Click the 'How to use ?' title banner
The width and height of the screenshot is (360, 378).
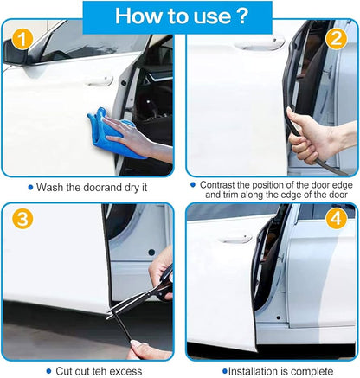pos(180,16)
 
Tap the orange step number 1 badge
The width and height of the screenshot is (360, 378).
pos(22,39)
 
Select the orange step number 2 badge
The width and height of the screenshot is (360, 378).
pos(337,39)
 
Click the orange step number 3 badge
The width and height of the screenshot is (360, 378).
pos(22,219)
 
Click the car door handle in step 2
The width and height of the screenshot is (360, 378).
pos(259,43)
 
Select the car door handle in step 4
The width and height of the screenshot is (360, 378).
pos(235,239)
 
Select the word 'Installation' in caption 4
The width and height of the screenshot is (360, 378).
pos(258,370)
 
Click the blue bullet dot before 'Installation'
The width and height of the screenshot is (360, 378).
pos(224,370)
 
